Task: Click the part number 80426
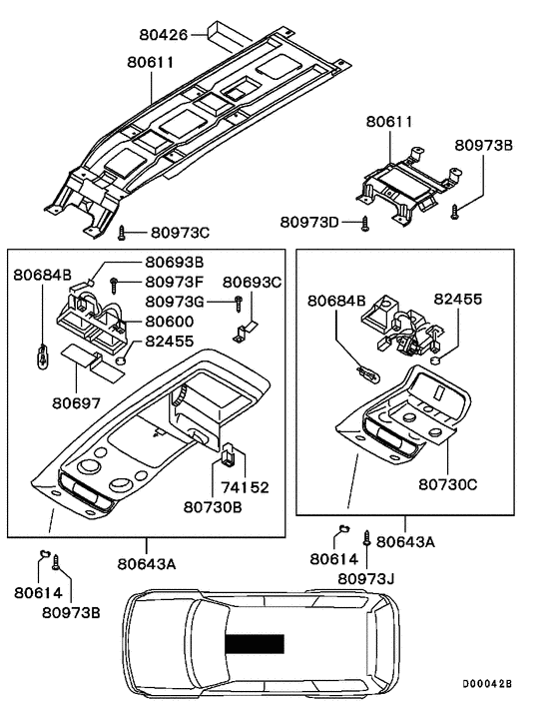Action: (x=163, y=35)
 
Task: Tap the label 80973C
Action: (x=180, y=233)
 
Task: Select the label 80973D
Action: (x=309, y=222)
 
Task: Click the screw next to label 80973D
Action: (x=365, y=224)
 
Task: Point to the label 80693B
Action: (x=175, y=262)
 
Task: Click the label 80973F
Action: (x=175, y=282)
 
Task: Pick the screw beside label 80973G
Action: (x=239, y=304)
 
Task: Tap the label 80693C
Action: (x=253, y=282)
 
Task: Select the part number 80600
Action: (x=170, y=322)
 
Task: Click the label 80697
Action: (x=77, y=402)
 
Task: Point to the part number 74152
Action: (x=245, y=487)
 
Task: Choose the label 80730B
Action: (x=213, y=506)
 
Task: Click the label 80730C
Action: (x=448, y=484)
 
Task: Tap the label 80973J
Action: (x=366, y=578)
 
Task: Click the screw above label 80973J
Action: (x=366, y=538)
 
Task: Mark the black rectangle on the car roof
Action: (x=255, y=643)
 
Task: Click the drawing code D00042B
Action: (x=487, y=683)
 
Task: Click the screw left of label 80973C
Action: (x=121, y=233)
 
